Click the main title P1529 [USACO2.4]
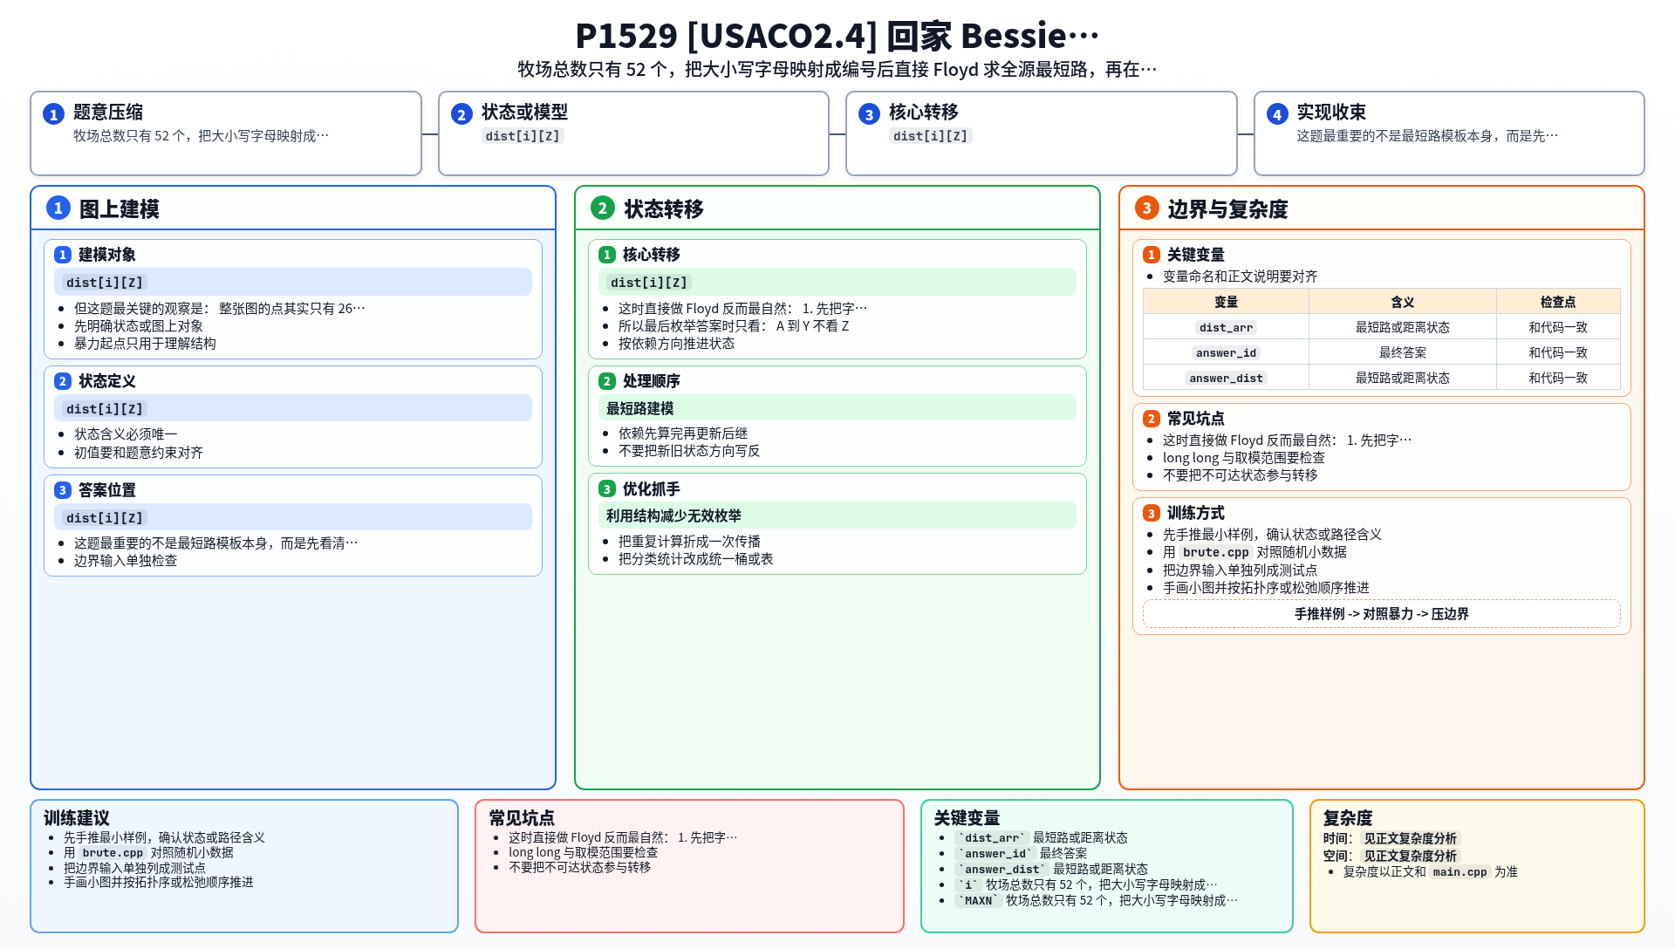[x=726, y=36]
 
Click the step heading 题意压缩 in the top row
[x=108, y=113]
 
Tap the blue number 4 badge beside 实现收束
[x=1277, y=114]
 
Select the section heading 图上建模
[x=120, y=209]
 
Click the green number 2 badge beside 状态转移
[x=603, y=208]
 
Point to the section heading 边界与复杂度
[x=1227, y=209]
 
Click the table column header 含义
[x=1402, y=302]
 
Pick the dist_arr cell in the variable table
[x=1226, y=328]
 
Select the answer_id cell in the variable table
[x=1226, y=353]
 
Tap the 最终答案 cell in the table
[x=1402, y=352]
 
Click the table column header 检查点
[x=1557, y=302]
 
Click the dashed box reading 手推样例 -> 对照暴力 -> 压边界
[x=1381, y=614]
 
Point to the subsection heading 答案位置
[x=107, y=490]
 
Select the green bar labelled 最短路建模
[x=837, y=408]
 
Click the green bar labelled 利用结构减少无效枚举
[x=837, y=516]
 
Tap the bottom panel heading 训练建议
[x=77, y=818]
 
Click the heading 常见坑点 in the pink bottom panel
[x=522, y=818]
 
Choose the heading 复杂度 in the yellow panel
[x=1348, y=818]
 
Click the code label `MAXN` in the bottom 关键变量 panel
[x=978, y=901]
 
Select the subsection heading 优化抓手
[x=651, y=489]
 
